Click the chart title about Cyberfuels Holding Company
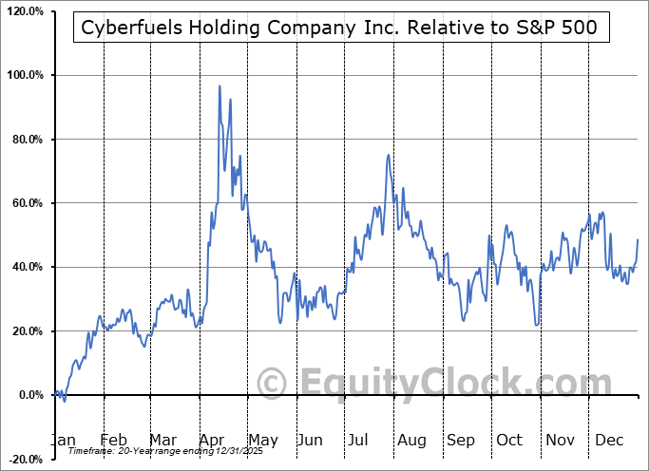click(340, 28)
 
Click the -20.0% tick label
click(26, 459)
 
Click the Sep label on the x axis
click(460, 440)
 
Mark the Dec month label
click(608, 440)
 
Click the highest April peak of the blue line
click(220, 86)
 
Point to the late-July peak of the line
click(388, 155)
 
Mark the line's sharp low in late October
click(537, 325)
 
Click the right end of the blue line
click(637, 239)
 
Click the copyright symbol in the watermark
click(273, 384)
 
